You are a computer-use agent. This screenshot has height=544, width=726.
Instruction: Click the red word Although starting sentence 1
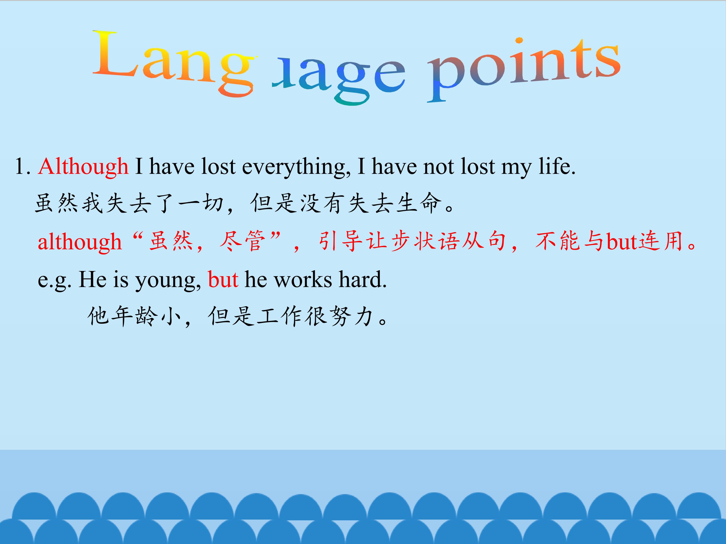(x=83, y=166)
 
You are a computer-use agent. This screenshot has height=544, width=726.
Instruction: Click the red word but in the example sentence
(x=223, y=280)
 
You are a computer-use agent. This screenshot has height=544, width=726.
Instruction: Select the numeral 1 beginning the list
(x=20, y=166)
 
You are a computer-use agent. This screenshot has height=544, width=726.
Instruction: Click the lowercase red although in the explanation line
(x=80, y=242)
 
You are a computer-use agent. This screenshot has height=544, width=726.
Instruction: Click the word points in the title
(x=524, y=67)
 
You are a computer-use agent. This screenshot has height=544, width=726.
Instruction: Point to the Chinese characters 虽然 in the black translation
(x=56, y=203)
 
